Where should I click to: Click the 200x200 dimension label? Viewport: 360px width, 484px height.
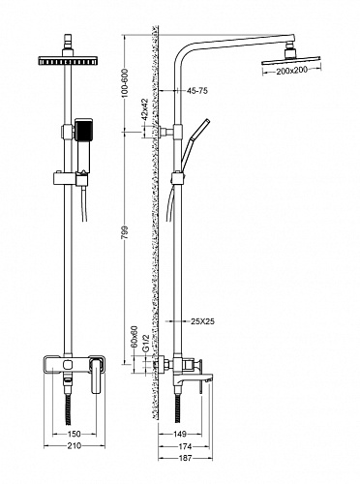[x=291, y=71]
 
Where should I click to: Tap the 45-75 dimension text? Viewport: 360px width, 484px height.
[x=197, y=91]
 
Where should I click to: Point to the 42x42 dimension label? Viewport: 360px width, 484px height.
[x=144, y=109]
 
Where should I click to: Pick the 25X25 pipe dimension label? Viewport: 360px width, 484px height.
[x=202, y=321]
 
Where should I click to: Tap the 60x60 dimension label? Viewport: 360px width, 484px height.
[x=135, y=337]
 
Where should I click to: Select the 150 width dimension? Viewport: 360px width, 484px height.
[x=75, y=434]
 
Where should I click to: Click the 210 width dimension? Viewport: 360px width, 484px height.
[x=75, y=446]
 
